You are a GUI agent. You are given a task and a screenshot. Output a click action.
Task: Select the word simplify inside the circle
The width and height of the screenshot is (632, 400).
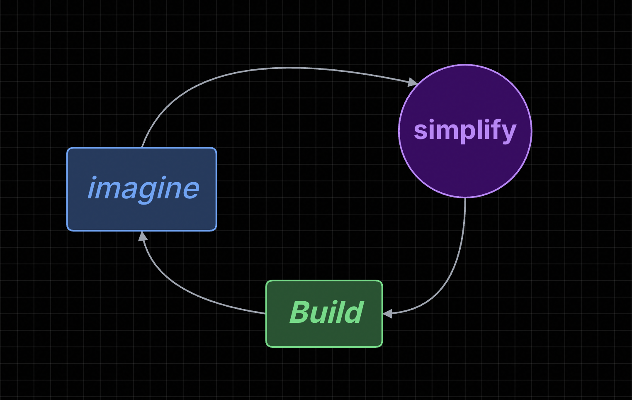(x=465, y=130)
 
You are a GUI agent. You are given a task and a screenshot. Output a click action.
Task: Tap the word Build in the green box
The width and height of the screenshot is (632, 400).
(x=326, y=312)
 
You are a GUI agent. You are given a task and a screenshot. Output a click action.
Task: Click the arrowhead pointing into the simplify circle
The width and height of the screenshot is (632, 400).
(x=413, y=82)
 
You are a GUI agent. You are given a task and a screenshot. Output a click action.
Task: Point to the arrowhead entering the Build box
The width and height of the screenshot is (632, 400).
(x=387, y=314)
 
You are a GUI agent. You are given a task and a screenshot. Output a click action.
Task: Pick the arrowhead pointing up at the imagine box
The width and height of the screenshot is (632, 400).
(x=143, y=236)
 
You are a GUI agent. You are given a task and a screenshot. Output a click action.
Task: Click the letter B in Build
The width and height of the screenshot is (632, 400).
(x=300, y=312)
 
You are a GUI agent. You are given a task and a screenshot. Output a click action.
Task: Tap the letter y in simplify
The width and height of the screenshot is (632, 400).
(x=508, y=132)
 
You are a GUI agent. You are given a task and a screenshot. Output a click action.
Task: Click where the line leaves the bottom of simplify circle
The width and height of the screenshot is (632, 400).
(x=465, y=198)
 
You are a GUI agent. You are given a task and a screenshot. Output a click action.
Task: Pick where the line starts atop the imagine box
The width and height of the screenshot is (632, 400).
(x=142, y=147)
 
